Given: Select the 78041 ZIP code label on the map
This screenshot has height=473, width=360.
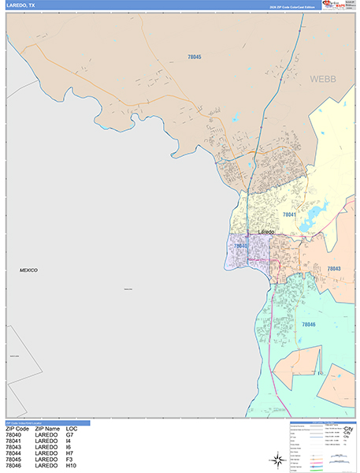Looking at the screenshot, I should tap(289, 214).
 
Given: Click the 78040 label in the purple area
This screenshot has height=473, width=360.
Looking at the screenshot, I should tap(240, 246).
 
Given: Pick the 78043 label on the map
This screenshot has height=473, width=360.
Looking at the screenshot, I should tap(333, 269).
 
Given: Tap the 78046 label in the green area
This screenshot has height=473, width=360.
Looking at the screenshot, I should tap(307, 324).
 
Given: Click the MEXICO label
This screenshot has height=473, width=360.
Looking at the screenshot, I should tap(28, 270).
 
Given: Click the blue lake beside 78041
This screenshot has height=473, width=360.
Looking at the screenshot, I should tap(318, 212).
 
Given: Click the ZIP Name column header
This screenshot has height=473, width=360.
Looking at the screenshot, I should tap(46, 429).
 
